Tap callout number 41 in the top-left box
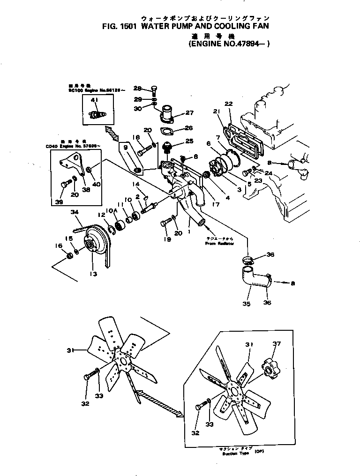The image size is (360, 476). tap(94, 100)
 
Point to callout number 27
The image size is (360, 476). tap(189, 112)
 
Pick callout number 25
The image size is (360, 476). tap(189, 141)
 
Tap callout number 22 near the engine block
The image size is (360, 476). tap(228, 104)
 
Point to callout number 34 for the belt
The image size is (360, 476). tap(74, 212)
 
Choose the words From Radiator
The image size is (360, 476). tap(219, 244)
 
